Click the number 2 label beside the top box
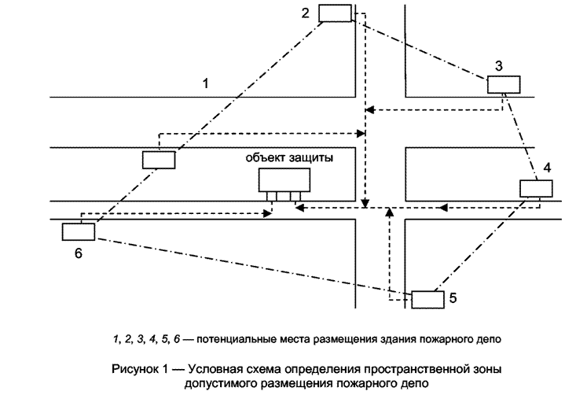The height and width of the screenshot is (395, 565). pyautogui.click(x=305, y=13)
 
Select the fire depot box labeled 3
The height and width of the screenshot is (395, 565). pyautogui.click(x=504, y=85)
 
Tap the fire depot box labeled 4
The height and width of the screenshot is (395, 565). pyautogui.click(x=536, y=189)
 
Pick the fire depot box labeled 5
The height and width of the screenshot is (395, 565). pyautogui.click(x=427, y=300)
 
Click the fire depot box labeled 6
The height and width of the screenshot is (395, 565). pyautogui.click(x=79, y=232)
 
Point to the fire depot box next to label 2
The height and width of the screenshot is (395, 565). pyautogui.click(x=335, y=13)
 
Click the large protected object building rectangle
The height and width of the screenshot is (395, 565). pyautogui.click(x=284, y=180)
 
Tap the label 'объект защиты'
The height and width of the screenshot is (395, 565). pyautogui.click(x=289, y=158)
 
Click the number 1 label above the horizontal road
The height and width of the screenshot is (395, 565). pyautogui.click(x=205, y=83)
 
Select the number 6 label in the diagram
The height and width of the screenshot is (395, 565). pyautogui.click(x=79, y=253)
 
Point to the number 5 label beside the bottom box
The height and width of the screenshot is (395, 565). pyautogui.click(x=453, y=298)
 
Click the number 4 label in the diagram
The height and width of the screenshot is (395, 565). pyautogui.click(x=547, y=168)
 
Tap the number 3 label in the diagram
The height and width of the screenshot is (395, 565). pyautogui.click(x=499, y=66)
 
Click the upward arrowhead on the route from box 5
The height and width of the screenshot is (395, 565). pyautogui.click(x=389, y=212)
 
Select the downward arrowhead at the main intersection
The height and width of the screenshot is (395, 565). pyautogui.click(x=365, y=203)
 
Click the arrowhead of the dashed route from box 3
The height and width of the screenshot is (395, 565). pyautogui.click(x=369, y=109)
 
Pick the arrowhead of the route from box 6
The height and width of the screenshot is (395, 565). pyautogui.click(x=267, y=213)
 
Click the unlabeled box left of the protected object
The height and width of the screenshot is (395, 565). pyautogui.click(x=159, y=160)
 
